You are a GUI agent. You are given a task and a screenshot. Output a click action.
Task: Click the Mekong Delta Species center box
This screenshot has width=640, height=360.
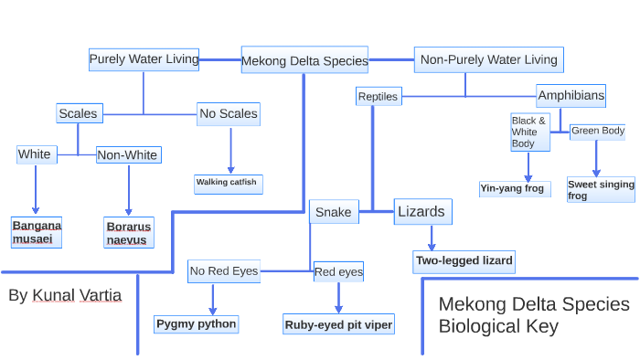pos(304,61)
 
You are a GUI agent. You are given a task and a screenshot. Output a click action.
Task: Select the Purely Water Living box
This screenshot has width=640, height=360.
pos(144,59)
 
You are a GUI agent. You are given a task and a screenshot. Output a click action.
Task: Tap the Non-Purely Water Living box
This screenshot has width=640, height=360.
pos(488,59)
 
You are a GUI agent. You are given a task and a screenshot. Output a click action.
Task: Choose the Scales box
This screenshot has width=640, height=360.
pos(78,113)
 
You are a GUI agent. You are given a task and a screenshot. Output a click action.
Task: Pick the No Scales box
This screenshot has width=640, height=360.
pos(229,114)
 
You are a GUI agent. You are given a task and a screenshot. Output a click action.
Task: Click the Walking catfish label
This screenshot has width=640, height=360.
pos(228,183)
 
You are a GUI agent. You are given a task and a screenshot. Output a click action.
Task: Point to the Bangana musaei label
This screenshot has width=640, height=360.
pos(37,232)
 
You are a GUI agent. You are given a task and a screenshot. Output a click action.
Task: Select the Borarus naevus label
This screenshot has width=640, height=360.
pos(128,232)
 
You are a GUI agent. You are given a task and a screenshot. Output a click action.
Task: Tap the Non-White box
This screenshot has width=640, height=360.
pos(127,155)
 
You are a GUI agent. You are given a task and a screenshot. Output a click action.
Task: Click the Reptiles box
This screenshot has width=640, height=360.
pos(378,96)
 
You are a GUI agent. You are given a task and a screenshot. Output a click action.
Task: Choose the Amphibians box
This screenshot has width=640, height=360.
pos(571,95)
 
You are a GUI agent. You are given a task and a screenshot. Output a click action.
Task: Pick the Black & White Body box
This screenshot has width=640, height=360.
pos(529,132)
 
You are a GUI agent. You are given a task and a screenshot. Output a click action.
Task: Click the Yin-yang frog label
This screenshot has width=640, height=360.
pos(512,189)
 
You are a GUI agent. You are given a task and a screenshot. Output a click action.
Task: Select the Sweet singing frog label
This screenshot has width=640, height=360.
pos(601,190)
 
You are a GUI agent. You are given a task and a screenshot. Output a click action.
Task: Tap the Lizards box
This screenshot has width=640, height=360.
pos(422,212)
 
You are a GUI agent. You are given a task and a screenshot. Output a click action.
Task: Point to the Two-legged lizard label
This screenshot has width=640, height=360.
pos(464,261)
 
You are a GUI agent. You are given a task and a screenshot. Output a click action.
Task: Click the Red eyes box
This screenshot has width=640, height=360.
pos(338,271)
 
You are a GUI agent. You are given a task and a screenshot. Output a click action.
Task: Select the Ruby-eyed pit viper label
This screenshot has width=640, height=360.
pos(338,323)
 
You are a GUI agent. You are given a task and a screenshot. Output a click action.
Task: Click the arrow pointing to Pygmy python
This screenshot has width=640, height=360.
pos(212,299)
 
